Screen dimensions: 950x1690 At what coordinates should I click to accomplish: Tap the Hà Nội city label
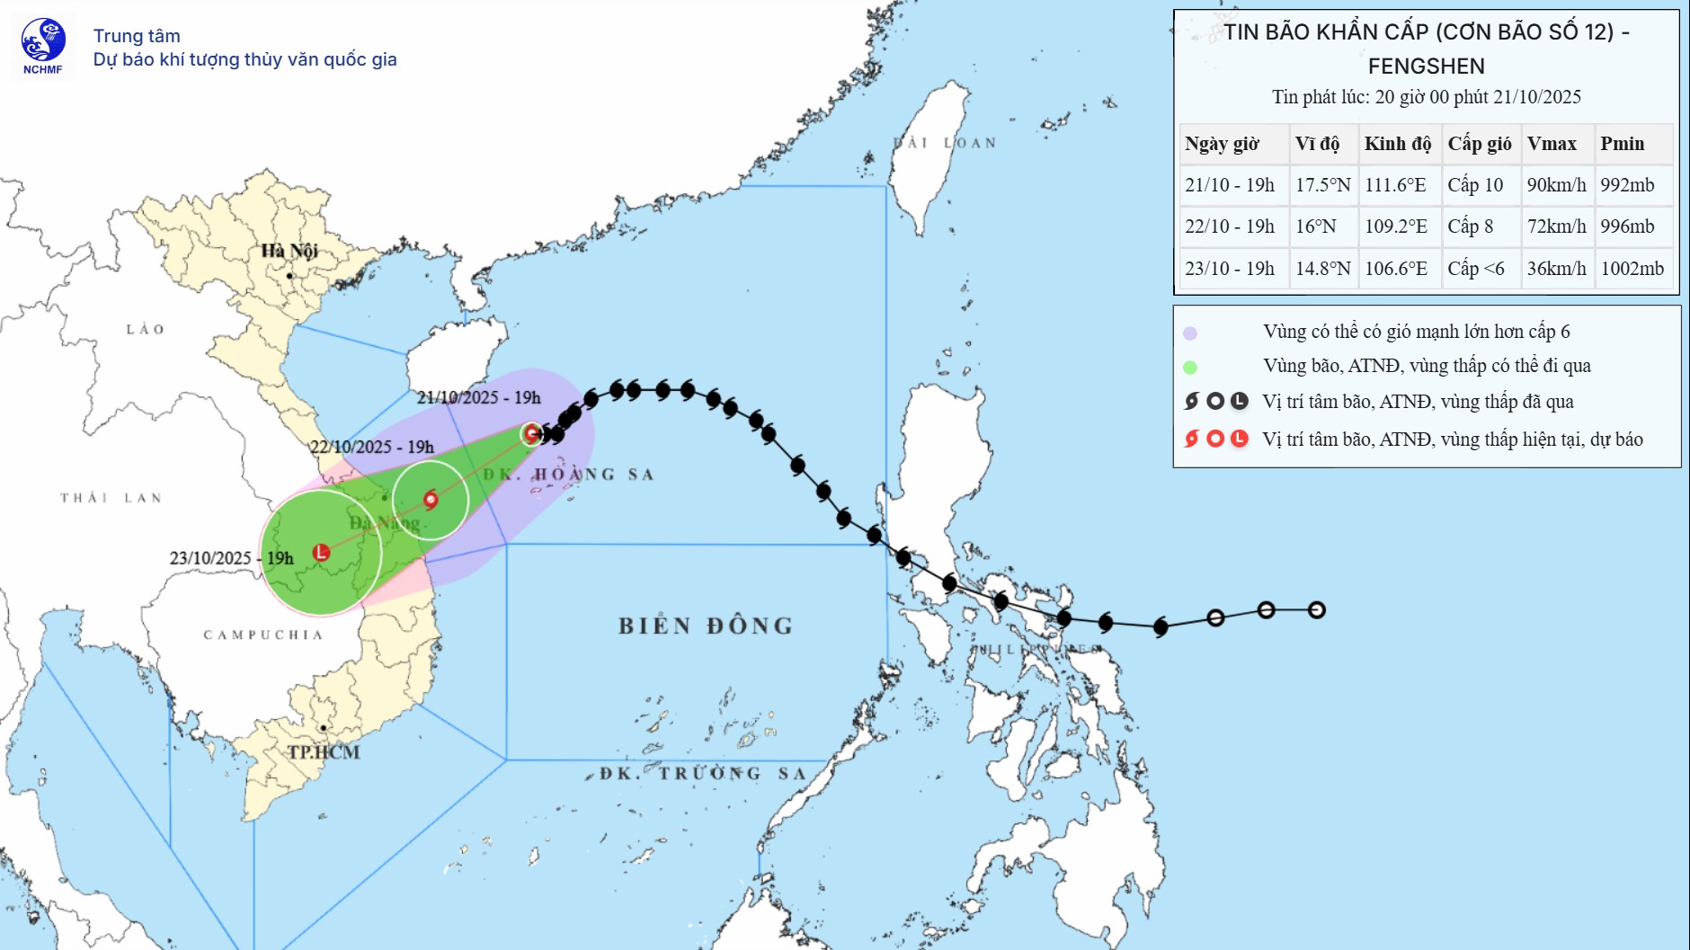289,251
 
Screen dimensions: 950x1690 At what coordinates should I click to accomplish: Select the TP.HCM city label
324,752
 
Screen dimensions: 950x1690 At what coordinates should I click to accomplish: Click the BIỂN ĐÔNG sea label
706,626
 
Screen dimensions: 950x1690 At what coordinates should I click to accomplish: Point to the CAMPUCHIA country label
262,635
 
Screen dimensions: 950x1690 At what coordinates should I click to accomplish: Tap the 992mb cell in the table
1627,185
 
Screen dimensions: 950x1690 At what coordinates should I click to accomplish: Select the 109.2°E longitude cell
1396,226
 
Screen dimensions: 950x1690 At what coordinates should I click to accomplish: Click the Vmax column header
1552,144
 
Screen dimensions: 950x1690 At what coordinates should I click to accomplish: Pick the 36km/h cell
1556,269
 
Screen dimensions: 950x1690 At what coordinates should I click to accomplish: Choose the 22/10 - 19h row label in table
1229,226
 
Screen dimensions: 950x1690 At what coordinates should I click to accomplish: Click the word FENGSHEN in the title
1426,67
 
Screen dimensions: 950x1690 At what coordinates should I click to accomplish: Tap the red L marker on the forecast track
321,552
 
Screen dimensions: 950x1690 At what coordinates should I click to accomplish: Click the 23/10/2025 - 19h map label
231,558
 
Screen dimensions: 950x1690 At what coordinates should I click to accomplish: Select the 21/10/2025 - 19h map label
478,397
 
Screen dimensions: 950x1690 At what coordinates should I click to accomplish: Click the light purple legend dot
1190,333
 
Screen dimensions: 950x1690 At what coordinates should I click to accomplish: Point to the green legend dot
1190,367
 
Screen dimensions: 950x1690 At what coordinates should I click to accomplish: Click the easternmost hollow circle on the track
1317,610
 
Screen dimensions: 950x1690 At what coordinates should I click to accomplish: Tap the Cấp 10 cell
1475,185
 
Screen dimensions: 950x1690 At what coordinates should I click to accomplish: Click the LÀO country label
146,330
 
